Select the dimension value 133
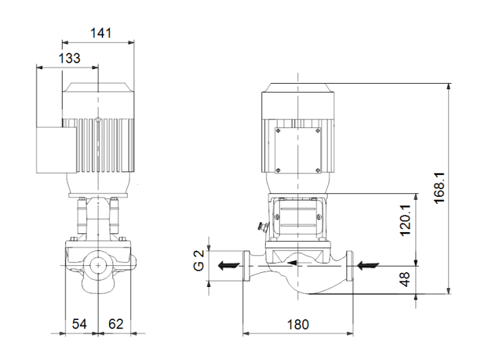[68, 58]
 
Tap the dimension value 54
[81, 324]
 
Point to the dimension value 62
[115, 324]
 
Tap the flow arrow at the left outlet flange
[226, 266]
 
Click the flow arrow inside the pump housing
[300, 266]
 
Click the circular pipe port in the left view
[98, 266]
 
